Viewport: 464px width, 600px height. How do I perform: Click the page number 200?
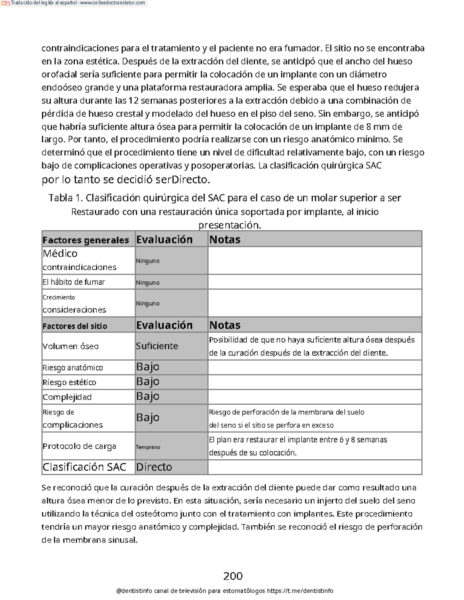(233, 576)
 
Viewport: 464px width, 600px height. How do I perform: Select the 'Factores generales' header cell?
(85, 240)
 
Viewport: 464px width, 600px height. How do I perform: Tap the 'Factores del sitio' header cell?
(75, 326)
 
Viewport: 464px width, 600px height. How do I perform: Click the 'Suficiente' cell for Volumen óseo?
(157, 346)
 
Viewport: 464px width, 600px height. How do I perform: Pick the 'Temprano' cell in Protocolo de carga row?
(148, 447)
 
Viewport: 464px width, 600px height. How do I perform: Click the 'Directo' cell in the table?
(154, 467)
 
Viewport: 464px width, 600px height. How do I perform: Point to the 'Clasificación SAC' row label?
(84, 467)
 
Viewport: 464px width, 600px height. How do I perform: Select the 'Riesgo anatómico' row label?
(73, 368)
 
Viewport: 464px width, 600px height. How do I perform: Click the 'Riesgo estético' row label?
(70, 382)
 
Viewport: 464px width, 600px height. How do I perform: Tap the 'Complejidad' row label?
(67, 397)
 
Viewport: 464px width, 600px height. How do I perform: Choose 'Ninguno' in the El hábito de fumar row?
(148, 283)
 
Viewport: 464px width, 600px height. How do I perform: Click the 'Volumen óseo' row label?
(71, 346)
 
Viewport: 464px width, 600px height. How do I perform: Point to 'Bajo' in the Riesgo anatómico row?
(148, 367)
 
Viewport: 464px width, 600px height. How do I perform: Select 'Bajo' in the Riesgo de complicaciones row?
(148, 418)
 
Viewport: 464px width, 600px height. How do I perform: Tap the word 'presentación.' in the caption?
(230, 225)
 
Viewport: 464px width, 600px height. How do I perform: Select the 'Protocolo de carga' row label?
(79, 446)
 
